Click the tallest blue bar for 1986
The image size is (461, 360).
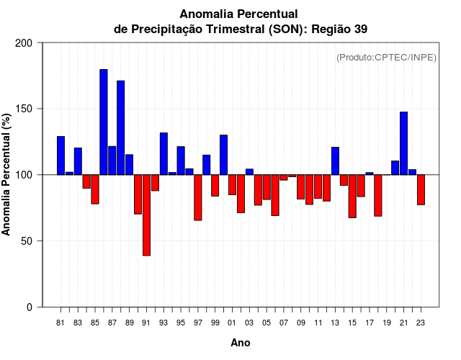tap(104, 122)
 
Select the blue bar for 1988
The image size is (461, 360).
tap(120, 127)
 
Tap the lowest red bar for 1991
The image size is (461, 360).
tap(146, 215)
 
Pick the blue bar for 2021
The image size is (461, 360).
tap(403, 143)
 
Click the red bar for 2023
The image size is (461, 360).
tap(421, 189)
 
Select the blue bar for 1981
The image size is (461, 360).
tap(61, 156)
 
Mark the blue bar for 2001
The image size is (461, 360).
tap(223, 155)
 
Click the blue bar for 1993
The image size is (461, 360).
tap(164, 153)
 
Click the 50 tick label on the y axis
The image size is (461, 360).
tap(27, 241)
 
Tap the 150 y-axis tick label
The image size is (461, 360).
tap(24, 109)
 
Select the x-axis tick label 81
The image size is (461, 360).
tap(61, 323)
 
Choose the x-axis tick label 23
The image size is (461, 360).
tap(421, 323)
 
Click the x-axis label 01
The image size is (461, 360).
tap(232, 323)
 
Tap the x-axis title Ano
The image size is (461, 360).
tap(241, 343)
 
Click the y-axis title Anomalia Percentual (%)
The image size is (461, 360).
tap(7, 175)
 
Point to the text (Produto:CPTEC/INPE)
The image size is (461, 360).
tap(387, 57)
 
